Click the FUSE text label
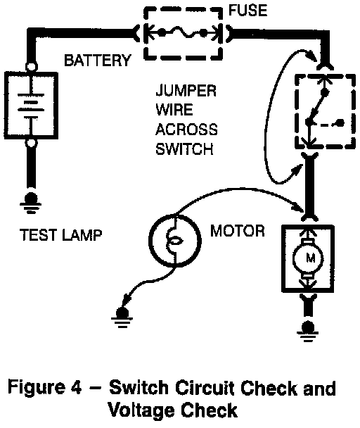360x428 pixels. point(247,11)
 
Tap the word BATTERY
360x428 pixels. point(97,61)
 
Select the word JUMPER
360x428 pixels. point(186,91)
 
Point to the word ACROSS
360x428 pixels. point(186,130)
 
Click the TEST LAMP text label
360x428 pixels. point(61,235)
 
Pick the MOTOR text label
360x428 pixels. point(238,231)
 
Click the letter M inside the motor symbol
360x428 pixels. point(310,258)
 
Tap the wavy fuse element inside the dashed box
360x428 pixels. point(182,33)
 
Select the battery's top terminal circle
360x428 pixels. point(32,66)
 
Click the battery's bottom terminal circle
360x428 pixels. point(32,142)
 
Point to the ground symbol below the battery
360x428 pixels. point(30,203)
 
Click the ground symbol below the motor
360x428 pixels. point(308,332)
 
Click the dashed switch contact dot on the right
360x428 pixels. point(340,123)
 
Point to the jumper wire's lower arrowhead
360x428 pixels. point(297,170)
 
